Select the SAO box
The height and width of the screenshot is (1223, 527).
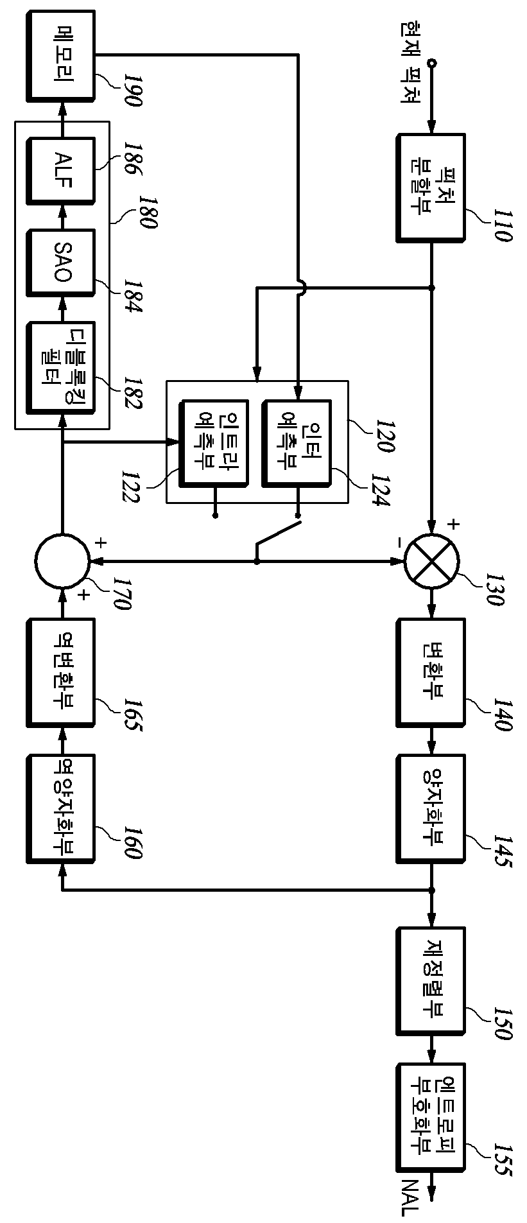pyautogui.click(x=61, y=262)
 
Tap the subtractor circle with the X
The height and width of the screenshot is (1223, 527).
pyautogui.click(x=432, y=560)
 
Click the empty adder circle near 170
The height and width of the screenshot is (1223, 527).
pyautogui.click(x=62, y=560)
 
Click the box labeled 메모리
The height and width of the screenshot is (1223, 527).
pyautogui.click(x=61, y=55)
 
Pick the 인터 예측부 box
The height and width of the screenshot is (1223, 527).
pyautogui.click(x=297, y=443)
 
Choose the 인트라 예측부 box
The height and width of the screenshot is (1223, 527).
pyautogui.click(x=214, y=443)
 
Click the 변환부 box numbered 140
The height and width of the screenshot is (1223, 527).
pyautogui.click(x=431, y=672)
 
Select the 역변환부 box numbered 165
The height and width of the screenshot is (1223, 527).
pyautogui.click(x=61, y=672)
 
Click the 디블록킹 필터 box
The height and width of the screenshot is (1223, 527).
pyautogui.click(x=61, y=368)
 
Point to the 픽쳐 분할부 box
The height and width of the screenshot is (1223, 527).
pyautogui.click(x=431, y=187)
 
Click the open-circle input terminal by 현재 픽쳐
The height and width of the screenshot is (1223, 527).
pyautogui.click(x=432, y=63)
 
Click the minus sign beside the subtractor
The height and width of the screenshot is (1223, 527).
pyautogui.click(x=399, y=543)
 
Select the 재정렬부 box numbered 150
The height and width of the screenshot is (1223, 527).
pyautogui.click(x=431, y=980)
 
